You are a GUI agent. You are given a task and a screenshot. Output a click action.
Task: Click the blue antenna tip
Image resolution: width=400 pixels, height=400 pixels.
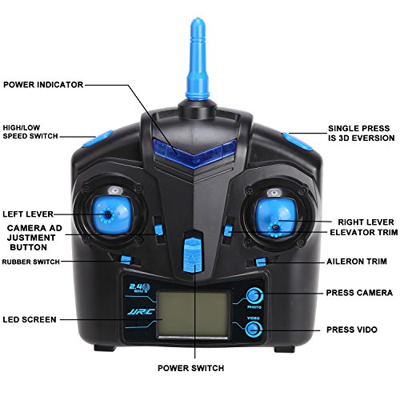pos(198,22)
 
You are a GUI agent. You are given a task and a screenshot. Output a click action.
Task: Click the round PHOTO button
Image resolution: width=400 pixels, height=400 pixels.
pos(254,295)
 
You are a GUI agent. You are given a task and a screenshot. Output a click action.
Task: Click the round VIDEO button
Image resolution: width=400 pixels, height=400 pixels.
pos(254,329)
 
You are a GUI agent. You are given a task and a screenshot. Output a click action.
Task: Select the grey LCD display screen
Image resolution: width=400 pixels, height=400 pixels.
pos(193,315)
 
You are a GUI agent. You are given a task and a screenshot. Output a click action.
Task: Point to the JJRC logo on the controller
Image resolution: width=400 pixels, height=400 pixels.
pos(142,311)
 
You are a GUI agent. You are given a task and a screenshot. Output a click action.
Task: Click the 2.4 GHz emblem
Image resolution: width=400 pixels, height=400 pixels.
pos(140,288)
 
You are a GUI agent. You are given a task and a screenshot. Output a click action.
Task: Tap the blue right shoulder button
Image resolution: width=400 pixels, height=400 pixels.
pos(297,141)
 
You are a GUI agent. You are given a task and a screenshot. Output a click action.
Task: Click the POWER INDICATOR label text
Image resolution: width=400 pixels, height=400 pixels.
pos(43,85)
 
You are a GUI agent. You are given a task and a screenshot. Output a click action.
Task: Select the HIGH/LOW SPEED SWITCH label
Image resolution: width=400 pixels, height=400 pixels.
pos(30,132)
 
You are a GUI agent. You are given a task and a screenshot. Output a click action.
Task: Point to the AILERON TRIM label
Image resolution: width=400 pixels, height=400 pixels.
pos(357,262)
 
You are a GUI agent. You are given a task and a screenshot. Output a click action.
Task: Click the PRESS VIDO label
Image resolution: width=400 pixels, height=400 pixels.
pos(352,330)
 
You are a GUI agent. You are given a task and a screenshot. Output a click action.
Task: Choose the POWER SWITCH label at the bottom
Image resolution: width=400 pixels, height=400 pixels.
pos(190,368)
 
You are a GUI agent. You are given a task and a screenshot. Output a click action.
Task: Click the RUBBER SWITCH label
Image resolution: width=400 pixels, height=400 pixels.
pos(30,262)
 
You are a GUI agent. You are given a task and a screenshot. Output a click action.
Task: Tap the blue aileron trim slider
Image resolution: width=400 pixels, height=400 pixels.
pos(261,262)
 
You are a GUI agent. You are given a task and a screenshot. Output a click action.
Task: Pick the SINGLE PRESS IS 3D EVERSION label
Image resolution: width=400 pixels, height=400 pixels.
pos(362,134)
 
